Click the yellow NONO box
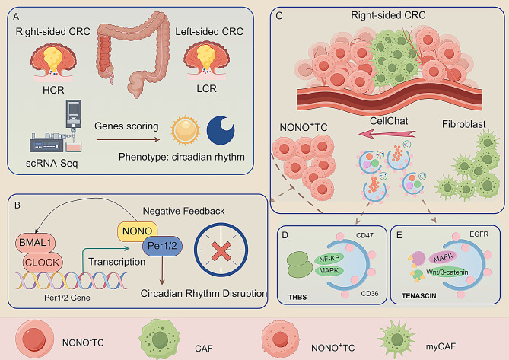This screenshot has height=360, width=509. [x=137, y=231]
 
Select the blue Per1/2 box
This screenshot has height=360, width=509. [x=162, y=246]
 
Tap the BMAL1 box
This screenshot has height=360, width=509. [x=36, y=243]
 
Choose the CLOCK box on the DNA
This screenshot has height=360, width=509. [x=43, y=263]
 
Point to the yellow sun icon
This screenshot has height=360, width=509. [x=185, y=130]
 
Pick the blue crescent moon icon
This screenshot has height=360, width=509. [x=221, y=130]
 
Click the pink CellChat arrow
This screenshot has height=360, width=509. [x=387, y=133]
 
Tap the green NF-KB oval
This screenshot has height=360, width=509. [x=329, y=259]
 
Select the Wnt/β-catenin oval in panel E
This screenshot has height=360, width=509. [x=447, y=272]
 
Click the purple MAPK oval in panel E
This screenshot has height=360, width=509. [x=443, y=258]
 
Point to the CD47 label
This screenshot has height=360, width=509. [x=365, y=235]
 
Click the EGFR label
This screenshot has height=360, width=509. [x=479, y=234]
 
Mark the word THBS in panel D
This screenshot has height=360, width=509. [x=297, y=297]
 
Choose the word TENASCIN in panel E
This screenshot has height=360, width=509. [x=418, y=296]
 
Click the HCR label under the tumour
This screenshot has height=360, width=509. [x=53, y=90]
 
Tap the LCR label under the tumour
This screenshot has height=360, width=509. [x=206, y=88]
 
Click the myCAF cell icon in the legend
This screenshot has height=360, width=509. [x=397, y=339]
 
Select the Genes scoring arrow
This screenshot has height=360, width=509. [x=128, y=140]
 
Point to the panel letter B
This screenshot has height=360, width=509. [x=17, y=205]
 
